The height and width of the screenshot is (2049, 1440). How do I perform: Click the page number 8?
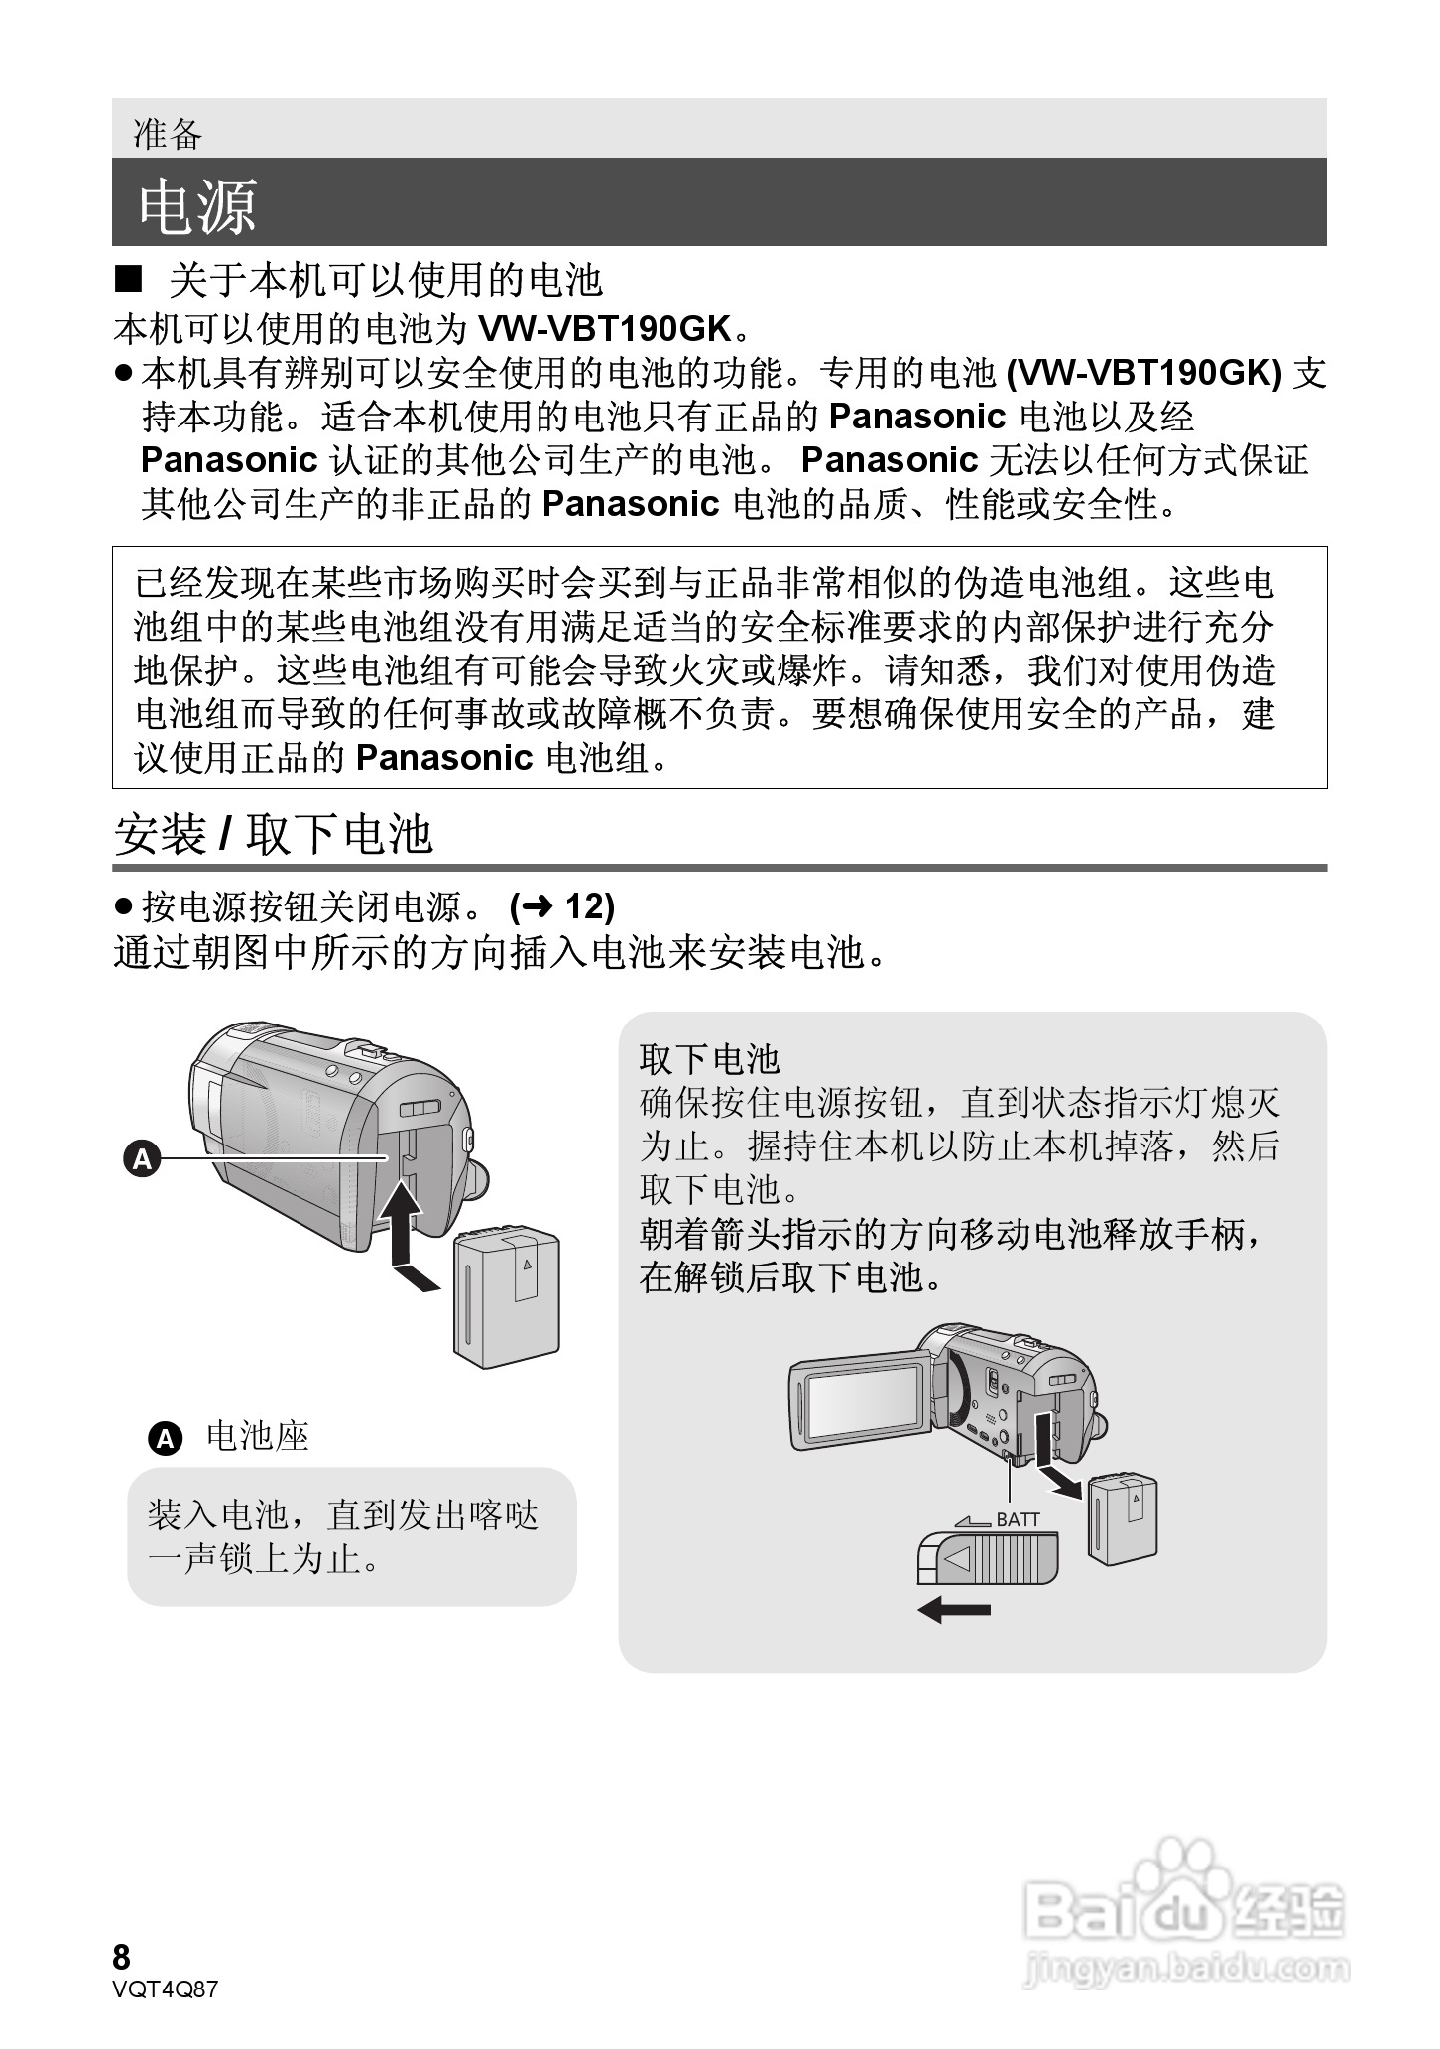tap(122, 1957)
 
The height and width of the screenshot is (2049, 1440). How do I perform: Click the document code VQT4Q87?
tap(165, 1989)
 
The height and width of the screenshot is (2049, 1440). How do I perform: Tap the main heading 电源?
tap(197, 207)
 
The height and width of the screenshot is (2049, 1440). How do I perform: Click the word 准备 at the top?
tap(168, 134)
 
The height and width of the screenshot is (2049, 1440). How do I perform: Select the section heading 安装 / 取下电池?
tap(274, 833)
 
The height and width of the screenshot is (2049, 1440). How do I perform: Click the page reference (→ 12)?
tap(561, 905)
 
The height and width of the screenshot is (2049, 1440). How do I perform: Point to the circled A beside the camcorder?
tap(142, 1157)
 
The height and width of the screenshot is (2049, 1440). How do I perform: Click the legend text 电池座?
tap(258, 1436)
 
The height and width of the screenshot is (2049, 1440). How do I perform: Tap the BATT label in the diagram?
tap(1019, 1519)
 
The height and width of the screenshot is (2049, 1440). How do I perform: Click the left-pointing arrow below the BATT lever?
tap(954, 1609)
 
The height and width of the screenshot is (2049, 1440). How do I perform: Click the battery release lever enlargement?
tap(988, 1558)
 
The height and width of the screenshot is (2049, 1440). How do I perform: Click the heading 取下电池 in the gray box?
tap(710, 1058)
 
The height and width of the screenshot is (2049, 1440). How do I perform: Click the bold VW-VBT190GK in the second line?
tap(604, 328)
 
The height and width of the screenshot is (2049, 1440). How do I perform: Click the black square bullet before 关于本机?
tap(129, 281)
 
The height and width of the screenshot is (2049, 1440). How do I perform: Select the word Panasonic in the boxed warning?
tap(443, 758)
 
